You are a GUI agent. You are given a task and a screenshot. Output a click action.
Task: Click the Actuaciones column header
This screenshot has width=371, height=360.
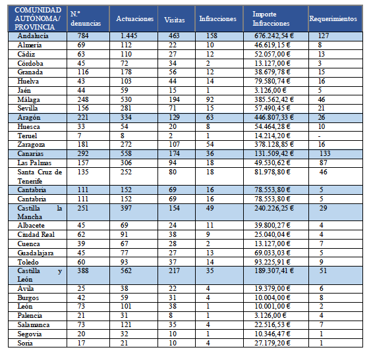134,18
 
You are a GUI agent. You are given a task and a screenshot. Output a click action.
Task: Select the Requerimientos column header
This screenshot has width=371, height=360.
333,18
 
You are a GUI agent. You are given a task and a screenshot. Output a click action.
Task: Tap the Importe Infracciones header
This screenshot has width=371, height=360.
271,18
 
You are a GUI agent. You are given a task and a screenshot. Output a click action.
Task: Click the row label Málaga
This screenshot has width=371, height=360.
28,100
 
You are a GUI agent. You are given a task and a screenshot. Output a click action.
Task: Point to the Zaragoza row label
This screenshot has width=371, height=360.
31,145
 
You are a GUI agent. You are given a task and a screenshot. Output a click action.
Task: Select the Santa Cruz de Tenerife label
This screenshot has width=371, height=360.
40,176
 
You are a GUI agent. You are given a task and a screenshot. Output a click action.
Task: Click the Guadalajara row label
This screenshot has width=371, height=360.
36,253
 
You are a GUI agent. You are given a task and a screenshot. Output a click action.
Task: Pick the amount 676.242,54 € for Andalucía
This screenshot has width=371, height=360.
274,36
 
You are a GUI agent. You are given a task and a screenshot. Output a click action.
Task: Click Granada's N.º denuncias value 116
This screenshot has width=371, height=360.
83,72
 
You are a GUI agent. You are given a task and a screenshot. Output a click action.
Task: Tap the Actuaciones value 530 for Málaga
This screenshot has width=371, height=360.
126,99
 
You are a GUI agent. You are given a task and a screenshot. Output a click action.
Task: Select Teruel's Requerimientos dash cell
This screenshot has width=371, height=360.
320,136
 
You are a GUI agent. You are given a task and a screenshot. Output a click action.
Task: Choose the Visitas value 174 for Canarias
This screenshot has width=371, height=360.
174,153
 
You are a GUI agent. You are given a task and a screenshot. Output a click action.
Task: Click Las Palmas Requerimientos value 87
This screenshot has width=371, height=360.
323,163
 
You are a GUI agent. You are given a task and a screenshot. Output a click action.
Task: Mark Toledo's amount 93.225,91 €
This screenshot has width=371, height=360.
272,262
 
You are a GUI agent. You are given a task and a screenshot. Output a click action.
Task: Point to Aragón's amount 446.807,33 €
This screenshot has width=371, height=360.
274,117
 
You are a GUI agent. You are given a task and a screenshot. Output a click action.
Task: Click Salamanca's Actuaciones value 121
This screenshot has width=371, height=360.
126,324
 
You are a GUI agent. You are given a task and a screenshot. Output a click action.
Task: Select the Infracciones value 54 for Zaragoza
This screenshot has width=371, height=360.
210,144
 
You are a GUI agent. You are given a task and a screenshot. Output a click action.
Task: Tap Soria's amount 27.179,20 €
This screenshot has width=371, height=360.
272,343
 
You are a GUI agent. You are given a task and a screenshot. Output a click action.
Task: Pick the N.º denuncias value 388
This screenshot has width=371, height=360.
83,270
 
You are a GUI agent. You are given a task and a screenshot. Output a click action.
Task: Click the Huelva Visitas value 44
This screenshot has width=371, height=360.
173,81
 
